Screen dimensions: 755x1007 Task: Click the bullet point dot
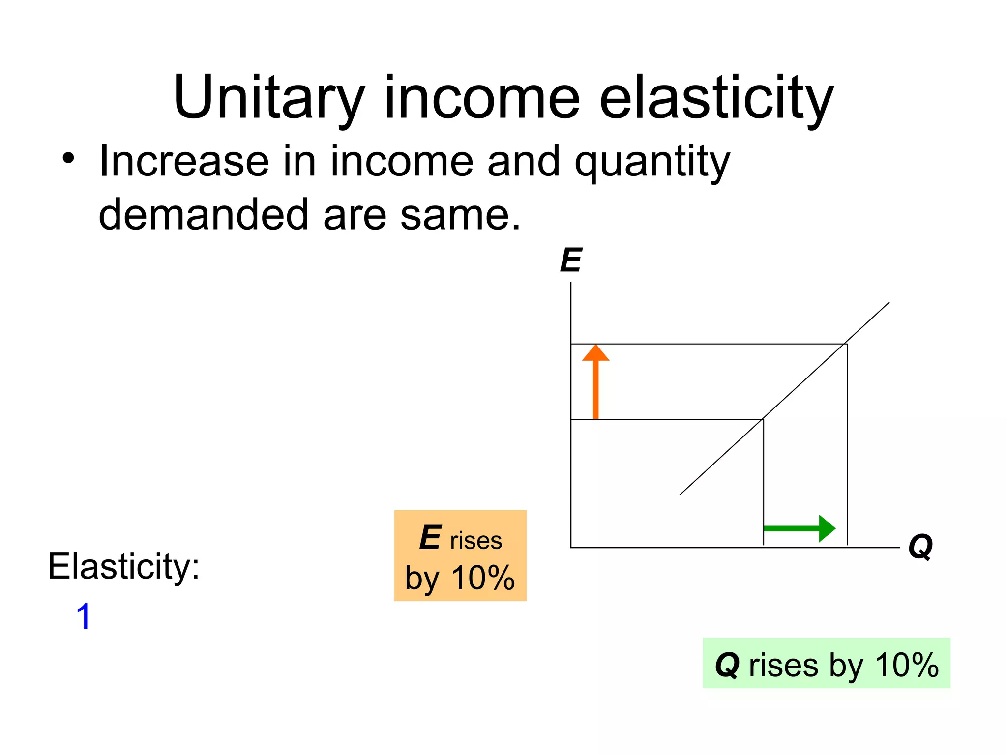coord(68,159)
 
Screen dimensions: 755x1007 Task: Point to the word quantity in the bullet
coord(652,162)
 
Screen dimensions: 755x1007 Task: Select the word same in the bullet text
coord(460,215)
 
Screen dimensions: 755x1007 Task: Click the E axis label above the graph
coord(571,260)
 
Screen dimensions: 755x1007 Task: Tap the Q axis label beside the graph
coord(920,547)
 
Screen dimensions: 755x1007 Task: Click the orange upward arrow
coord(595,381)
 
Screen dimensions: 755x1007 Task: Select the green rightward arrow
coord(800,528)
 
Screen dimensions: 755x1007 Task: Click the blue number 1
coord(84,616)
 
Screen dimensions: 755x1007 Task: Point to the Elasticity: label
coord(123,566)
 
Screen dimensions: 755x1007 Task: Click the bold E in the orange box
coord(430,538)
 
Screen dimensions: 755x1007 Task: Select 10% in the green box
coord(907,665)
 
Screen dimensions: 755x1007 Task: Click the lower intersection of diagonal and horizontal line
coord(763,419)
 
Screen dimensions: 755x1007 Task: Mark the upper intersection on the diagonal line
coord(845,344)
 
